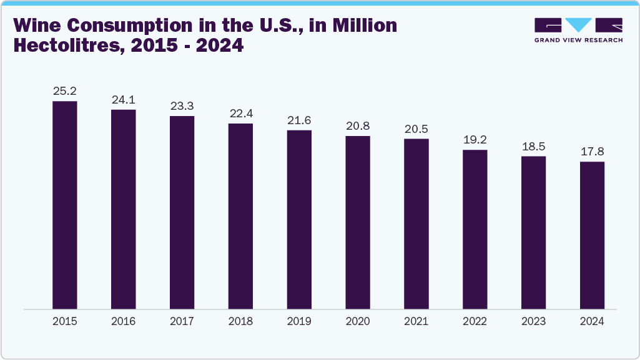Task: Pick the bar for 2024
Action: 592,235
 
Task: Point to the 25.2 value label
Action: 64,91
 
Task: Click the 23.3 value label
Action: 182,106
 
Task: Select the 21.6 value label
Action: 299,120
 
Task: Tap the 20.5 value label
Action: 416,129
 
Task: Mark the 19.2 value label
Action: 475,140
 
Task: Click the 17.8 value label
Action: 592,152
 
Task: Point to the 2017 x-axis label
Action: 182,321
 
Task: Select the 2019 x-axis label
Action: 299,321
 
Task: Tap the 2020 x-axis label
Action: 358,321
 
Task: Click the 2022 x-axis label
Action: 475,321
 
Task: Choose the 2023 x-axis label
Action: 533,321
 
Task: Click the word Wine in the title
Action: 39,26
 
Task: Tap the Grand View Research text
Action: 578,40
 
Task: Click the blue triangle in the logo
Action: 578,24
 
